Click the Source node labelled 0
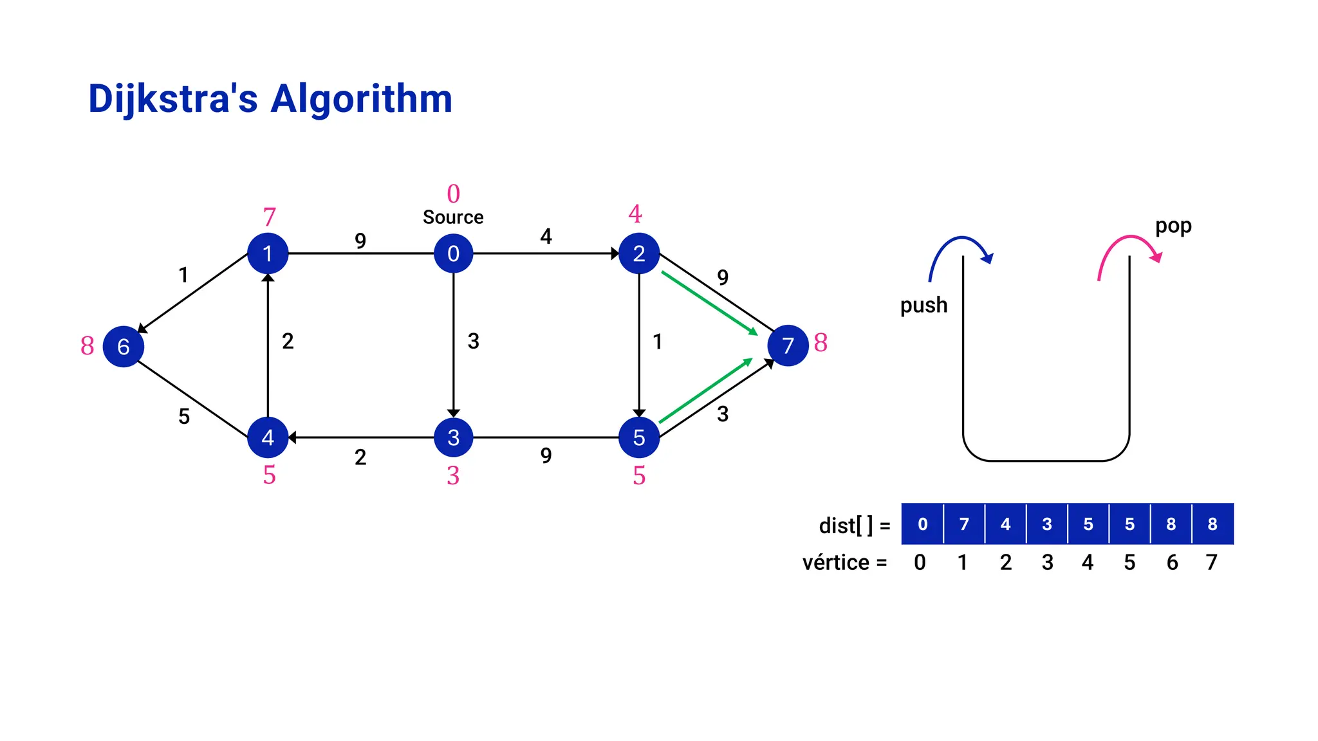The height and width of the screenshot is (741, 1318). [x=453, y=253]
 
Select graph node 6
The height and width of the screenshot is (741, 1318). [x=123, y=346]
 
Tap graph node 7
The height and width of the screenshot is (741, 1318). [x=788, y=345]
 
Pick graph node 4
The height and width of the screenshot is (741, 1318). [x=268, y=437]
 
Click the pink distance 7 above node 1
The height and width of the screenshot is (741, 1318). [x=269, y=217]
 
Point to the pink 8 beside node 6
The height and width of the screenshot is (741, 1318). [x=88, y=346]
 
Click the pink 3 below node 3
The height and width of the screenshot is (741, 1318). [x=453, y=476]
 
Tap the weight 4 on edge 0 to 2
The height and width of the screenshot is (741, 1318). [x=546, y=237]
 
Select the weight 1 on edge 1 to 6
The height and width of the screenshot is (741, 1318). [x=183, y=275]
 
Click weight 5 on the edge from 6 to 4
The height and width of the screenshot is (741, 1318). [x=184, y=417]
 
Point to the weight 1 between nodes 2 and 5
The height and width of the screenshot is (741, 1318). [x=657, y=342]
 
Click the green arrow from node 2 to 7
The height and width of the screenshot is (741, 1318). [x=709, y=303]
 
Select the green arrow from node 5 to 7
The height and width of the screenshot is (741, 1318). [x=706, y=391]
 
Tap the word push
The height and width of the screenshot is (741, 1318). [x=924, y=305]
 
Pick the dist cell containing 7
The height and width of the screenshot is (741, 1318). [x=964, y=524]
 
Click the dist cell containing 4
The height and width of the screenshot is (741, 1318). [x=1005, y=524]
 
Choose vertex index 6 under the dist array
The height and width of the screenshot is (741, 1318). [x=1172, y=563]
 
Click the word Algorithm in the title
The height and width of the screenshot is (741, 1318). [x=361, y=99]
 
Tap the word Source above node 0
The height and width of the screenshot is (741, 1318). [x=453, y=217]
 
